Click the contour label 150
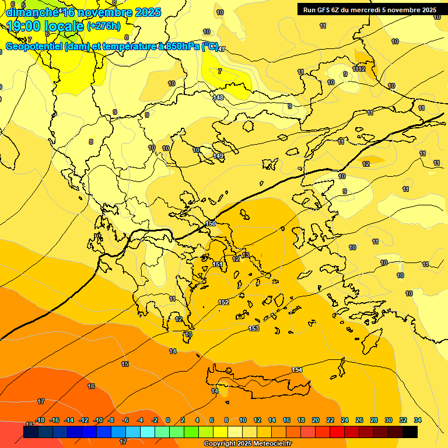(211, 223)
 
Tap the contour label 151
(217, 264)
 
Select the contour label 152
(223, 302)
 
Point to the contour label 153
(254, 328)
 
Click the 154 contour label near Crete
(297, 370)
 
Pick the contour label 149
(218, 156)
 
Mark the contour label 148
(218, 97)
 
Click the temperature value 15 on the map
(125, 364)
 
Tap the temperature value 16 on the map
(91, 386)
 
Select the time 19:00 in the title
(29, 26)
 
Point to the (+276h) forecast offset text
(104, 26)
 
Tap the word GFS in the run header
(324, 10)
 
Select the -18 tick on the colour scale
(40, 420)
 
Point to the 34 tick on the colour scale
(417, 420)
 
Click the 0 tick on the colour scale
(168, 420)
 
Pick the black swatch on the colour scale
(410, 432)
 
